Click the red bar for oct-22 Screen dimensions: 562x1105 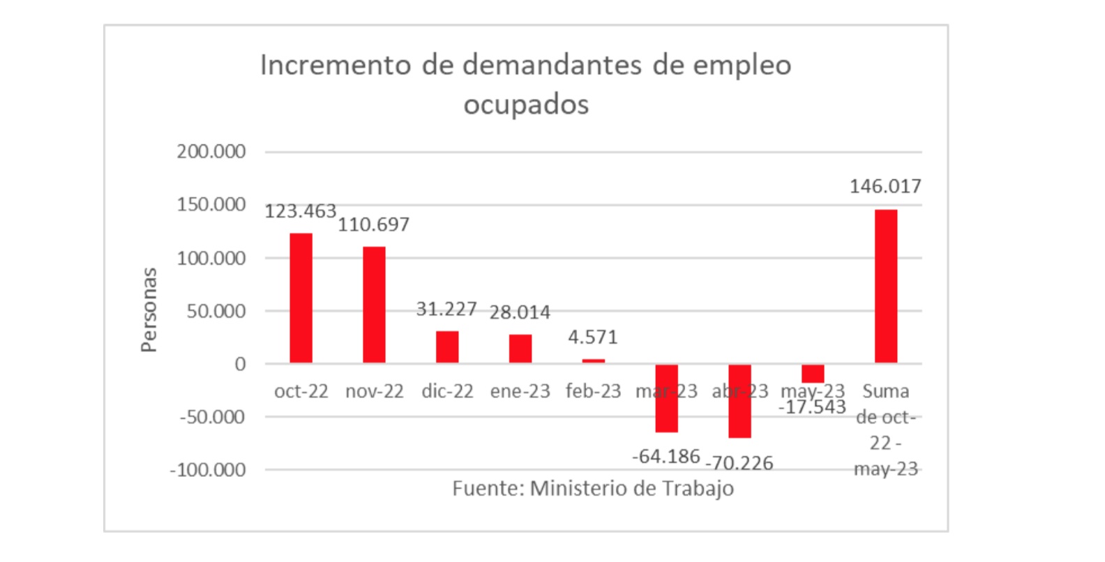click(x=301, y=298)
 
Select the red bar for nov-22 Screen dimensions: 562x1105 click(x=374, y=305)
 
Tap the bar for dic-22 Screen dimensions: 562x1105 click(x=447, y=347)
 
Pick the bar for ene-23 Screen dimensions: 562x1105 click(x=520, y=349)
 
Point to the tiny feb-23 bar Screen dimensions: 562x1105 click(x=594, y=360)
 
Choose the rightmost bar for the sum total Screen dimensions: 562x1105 click(x=885, y=286)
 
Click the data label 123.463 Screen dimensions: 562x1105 click(x=301, y=211)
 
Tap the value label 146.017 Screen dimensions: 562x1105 click(x=885, y=186)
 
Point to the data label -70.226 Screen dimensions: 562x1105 click(x=739, y=463)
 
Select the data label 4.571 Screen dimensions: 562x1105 click(x=593, y=337)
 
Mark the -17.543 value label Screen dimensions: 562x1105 click(x=812, y=407)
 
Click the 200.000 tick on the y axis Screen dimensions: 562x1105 click(x=211, y=151)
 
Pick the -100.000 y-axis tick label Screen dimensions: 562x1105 click(x=208, y=470)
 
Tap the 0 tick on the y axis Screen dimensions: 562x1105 click(x=240, y=364)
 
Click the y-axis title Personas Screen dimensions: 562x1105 click(x=149, y=310)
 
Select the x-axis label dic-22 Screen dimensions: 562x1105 click(x=447, y=391)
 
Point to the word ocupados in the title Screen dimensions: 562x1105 click(x=526, y=105)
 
